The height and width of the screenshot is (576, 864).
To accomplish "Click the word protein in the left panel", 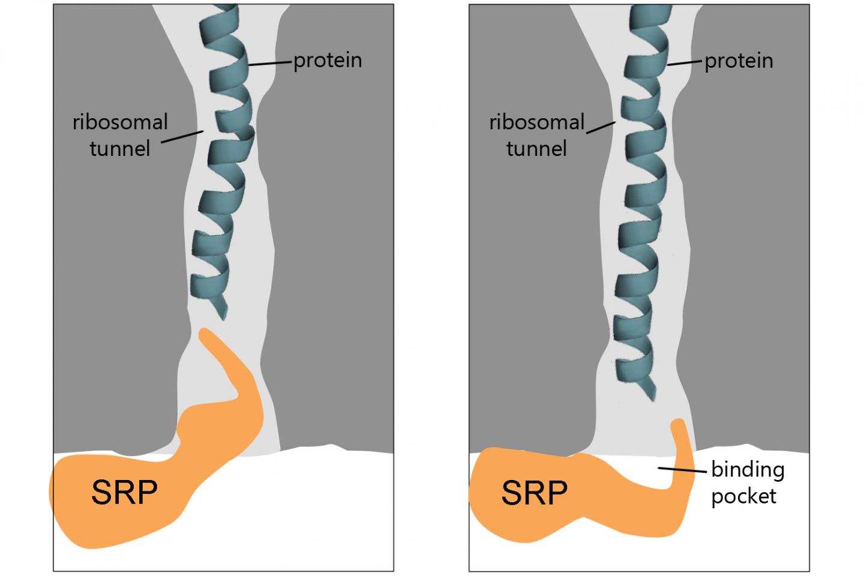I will click(x=328, y=61).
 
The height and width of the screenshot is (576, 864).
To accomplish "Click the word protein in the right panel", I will click(x=739, y=61).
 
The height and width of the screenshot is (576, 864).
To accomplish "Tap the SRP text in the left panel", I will click(x=124, y=493).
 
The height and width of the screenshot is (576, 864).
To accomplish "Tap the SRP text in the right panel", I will click(x=534, y=493).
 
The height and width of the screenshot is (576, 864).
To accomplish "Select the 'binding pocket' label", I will click(x=747, y=482).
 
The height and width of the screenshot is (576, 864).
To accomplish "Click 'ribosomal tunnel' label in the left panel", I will click(x=120, y=134).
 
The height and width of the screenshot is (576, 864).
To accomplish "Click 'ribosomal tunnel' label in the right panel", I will click(x=536, y=134).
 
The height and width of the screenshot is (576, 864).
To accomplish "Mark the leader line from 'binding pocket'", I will click(x=682, y=470).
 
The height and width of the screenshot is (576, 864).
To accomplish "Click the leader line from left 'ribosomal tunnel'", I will click(x=182, y=137).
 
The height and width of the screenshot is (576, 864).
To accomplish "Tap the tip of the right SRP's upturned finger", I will click(x=677, y=425).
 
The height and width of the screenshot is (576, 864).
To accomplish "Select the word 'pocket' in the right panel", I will click(x=743, y=496).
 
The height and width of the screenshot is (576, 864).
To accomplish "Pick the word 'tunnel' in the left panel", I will click(x=120, y=148).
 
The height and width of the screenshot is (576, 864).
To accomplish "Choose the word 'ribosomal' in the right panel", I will click(x=536, y=122).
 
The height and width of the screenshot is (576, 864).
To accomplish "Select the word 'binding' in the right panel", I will click(x=748, y=469).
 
